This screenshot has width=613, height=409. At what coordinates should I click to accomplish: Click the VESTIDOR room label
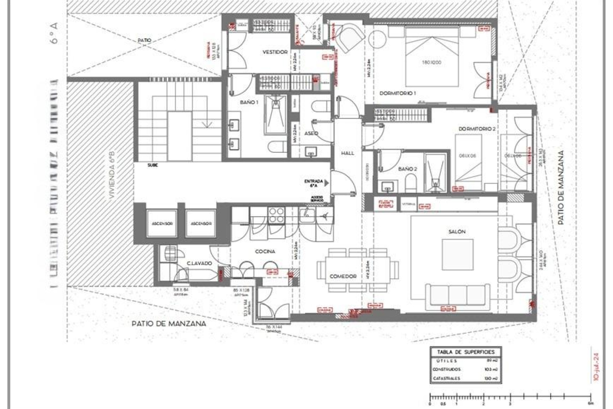[x=275, y=52]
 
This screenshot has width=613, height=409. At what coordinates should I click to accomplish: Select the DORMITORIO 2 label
[x=477, y=129]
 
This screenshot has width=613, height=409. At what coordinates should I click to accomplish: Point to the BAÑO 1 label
[x=249, y=102]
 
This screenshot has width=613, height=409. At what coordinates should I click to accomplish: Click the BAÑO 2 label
[x=407, y=169]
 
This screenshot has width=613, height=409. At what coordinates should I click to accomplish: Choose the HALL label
[x=347, y=153]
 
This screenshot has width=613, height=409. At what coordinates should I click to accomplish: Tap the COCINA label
[x=265, y=251]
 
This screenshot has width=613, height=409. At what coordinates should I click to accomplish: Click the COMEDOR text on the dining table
[x=343, y=276]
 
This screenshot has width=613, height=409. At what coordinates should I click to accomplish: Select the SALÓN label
[x=457, y=232]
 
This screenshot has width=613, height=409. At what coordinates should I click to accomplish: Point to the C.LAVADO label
[x=199, y=263]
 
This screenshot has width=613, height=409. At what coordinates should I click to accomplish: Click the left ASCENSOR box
[x=162, y=223]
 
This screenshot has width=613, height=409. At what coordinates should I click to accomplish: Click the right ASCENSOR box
[x=201, y=223]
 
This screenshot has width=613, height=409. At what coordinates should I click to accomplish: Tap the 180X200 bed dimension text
[x=431, y=63]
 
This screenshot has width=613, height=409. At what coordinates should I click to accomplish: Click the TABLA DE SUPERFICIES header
[x=466, y=352]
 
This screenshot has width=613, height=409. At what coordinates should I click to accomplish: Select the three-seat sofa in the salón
[x=458, y=296]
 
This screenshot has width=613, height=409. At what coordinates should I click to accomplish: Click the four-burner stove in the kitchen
[x=276, y=215]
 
